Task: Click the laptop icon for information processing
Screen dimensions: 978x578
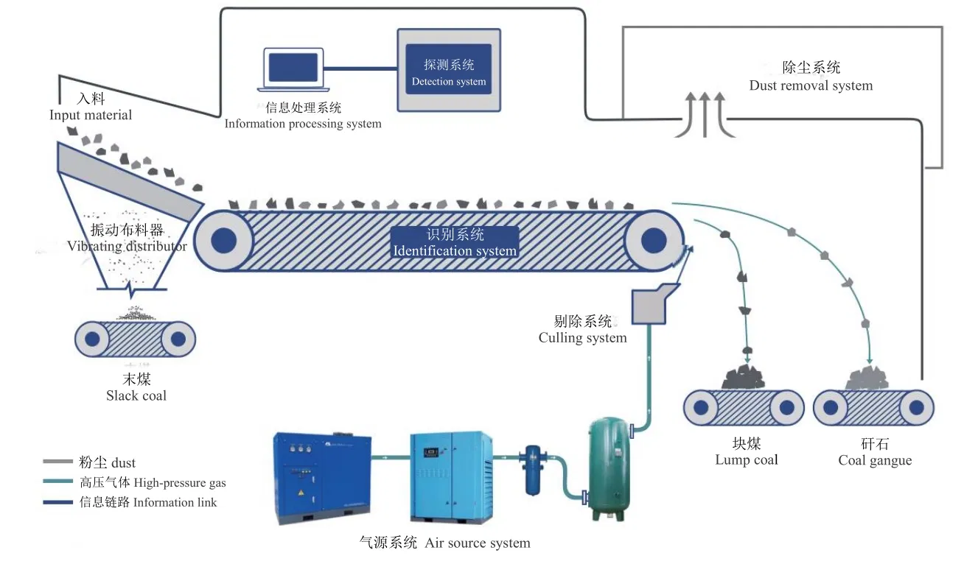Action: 293,69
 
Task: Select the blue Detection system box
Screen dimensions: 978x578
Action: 448,69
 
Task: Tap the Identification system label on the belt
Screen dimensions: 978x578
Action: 455,242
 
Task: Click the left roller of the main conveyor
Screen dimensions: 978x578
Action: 223,240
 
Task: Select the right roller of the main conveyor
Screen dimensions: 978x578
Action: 653,240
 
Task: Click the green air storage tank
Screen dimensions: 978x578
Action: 609,469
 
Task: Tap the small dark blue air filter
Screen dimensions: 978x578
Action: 532,470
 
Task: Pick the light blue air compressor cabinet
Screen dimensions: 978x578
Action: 452,477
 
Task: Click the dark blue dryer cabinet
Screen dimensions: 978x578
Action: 322,478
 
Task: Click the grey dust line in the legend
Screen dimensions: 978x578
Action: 57,461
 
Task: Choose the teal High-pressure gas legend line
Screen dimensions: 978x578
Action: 57,481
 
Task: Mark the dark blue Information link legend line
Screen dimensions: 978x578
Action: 57,502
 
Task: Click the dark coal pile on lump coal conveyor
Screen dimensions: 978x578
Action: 743,378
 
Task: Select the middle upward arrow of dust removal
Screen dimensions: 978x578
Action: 705,114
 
